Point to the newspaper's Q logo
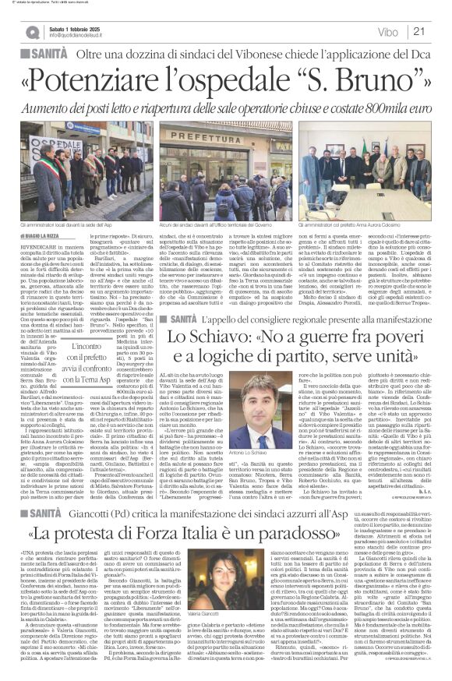pos(32,31)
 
